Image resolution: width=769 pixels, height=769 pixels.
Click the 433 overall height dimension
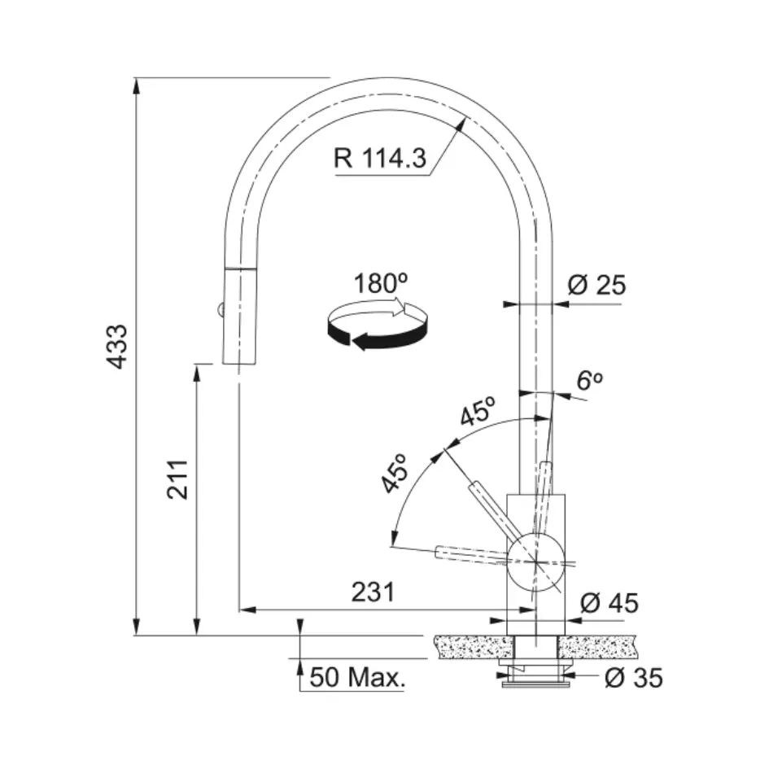click(118, 347)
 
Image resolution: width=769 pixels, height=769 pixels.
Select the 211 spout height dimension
click(177, 479)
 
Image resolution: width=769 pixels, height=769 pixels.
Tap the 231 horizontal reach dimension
click(373, 592)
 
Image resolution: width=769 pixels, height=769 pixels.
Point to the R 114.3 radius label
click(380, 158)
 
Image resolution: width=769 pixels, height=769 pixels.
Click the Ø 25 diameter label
click(596, 285)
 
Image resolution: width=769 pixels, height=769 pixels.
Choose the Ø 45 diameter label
click(610, 603)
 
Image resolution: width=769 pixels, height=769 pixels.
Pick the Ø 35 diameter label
click(634, 678)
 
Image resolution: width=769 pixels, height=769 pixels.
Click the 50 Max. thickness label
click(358, 678)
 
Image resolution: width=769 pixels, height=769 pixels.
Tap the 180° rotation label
click(381, 283)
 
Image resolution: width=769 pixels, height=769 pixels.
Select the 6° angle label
click(589, 380)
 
